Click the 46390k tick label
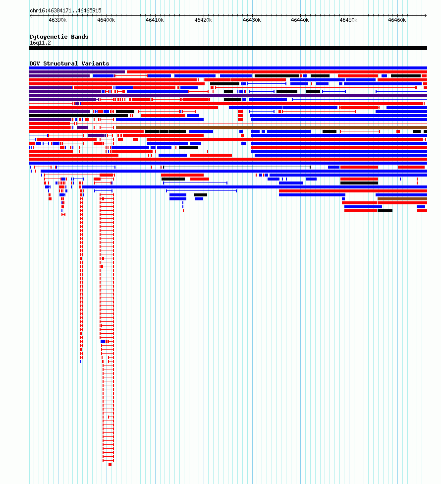pos(57,20)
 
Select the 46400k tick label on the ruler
pos(106,20)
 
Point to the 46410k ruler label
pos(155,20)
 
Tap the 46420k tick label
pos(203,20)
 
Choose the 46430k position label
pos(252,20)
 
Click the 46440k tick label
pos(300,20)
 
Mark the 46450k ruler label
pos(348,20)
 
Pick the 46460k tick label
pos(397,20)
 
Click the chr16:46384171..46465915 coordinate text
pos(66,10)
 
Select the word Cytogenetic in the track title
pos(49,37)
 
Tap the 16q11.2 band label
pos(41,43)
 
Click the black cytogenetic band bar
pos(228,48)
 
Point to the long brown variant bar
pos(272,127)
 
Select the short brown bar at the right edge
pos(402,199)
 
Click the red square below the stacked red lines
pos(110,465)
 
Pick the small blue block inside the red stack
pos(103,342)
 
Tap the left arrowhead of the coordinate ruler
pos(31,15)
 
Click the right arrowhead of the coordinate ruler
pos(426,15)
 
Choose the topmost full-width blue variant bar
pos(228,68)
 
